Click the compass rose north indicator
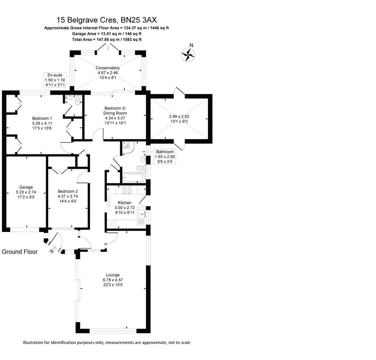pos(189,54)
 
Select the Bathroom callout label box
pos(165,157)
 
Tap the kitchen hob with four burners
pos(127,189)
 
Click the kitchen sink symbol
pos(142,216)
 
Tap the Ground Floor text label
pos(20,252)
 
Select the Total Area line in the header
pos(107,39)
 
